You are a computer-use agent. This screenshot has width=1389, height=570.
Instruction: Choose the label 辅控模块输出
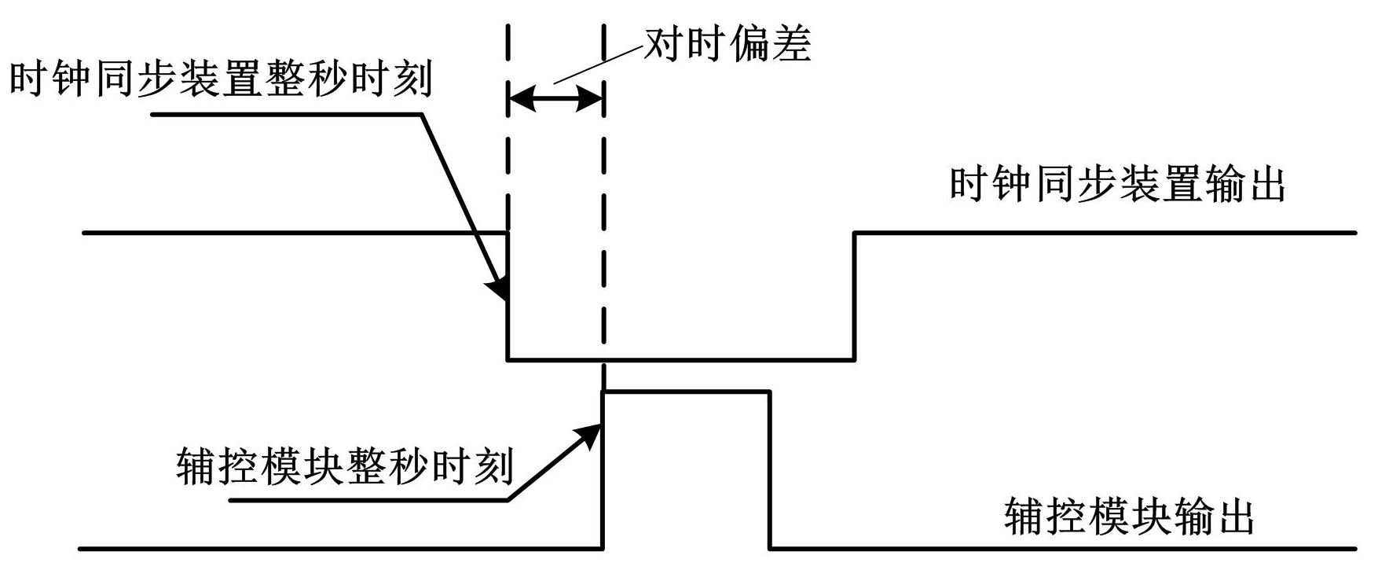[1128, 517]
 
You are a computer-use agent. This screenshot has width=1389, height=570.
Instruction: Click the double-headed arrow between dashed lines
[555, 99]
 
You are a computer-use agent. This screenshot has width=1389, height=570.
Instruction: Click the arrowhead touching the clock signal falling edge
[498, 289]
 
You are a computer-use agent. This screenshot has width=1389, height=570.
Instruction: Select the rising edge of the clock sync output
[855, 296]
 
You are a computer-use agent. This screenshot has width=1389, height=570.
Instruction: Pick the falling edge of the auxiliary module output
[770, 469]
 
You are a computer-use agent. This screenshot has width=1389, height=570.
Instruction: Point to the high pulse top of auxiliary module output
[686, 392]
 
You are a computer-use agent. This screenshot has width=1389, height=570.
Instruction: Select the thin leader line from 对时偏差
[597, 64]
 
